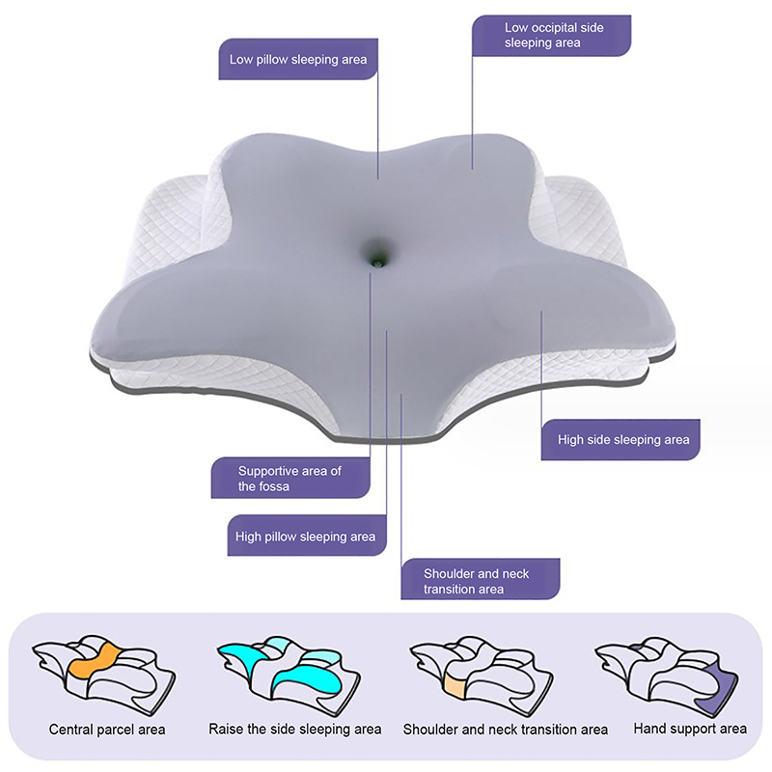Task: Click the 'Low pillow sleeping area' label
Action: tap(298, 60)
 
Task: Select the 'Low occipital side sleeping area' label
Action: tap(551, 36)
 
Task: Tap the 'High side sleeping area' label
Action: tap(620, 440)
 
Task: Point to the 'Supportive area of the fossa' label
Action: tap(290, 478)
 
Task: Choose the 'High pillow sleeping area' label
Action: tap(307, 536)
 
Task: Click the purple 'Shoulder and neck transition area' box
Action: tap(481, 579)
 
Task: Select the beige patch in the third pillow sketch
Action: tap(454, 685)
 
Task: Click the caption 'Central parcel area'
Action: tap(107, 730)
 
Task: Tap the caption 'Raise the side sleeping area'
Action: tap(295, 730)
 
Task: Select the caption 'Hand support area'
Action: tap(690, 729)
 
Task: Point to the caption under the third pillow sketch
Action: tap(505, 730)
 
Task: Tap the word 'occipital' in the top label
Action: tap(553, 28)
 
